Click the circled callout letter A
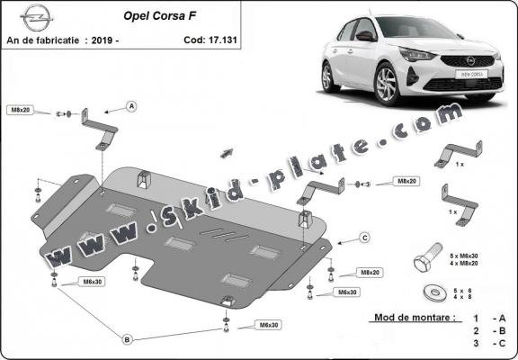[131, 107]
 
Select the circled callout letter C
[364, 238]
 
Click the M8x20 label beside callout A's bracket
[21, 110]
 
